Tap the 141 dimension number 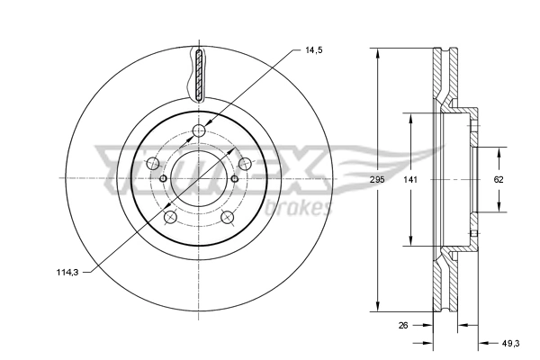click(410, 179)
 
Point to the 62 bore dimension click(498, 179)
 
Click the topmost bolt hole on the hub click(199, 133)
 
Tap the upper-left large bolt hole click(152, 164)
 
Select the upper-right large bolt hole click(243, 163)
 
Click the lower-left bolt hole click(170, 217)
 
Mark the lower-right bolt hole click(226, 217)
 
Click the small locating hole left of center click(163, 178)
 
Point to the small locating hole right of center click(234, 178)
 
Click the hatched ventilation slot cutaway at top click(199, 76)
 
